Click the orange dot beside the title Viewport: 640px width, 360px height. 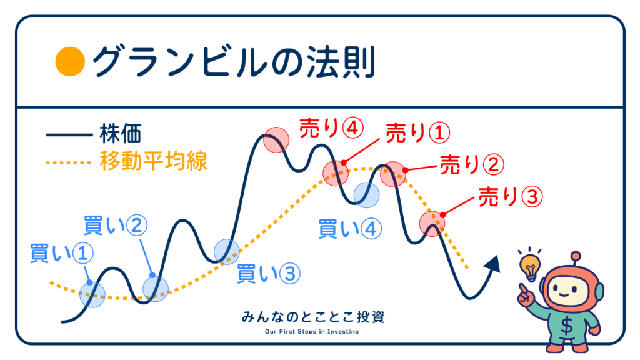tap(70, 62)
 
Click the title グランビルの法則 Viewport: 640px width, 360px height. tap(234, 62)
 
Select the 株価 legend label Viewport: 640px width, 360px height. tap(121, 134)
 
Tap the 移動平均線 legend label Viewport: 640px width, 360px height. tap(154, 161)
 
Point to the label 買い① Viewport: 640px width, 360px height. tap(62, 254)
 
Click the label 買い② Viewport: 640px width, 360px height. tap(115, 226)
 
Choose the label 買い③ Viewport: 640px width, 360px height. tap(269, 274)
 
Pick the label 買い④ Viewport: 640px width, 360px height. tap(350, 229)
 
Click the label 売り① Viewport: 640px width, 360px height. tap(418, 133)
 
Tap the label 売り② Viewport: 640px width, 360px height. tap(472, 165)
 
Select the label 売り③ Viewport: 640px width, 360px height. tap(511, 197)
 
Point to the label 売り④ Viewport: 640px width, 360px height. tap(331, 128)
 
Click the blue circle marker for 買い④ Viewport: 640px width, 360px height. tap(366, 195)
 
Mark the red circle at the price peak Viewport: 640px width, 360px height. tap(276, 139)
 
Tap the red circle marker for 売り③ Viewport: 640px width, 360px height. tap(432, 224)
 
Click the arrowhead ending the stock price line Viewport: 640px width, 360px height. tap(493, 263)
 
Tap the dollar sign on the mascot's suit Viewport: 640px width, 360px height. tap(566, 326)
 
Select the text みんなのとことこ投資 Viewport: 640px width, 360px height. tap(312, 317)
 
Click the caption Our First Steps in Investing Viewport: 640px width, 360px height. tap(312, 331)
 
